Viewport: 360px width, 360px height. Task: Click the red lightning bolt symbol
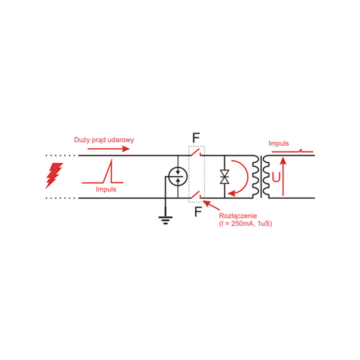coord(54,175)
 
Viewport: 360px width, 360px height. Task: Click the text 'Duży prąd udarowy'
coord(104,140)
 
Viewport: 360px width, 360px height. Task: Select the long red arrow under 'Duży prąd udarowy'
coord(110,148)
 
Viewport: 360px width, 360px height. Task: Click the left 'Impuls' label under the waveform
coord(106,190)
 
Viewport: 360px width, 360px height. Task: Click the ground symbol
coord(166,219)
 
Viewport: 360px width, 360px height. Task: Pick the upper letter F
coord(197,137)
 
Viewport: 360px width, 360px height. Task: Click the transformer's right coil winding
coord(266,177)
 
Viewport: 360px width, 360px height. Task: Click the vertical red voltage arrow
coord(283,177)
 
